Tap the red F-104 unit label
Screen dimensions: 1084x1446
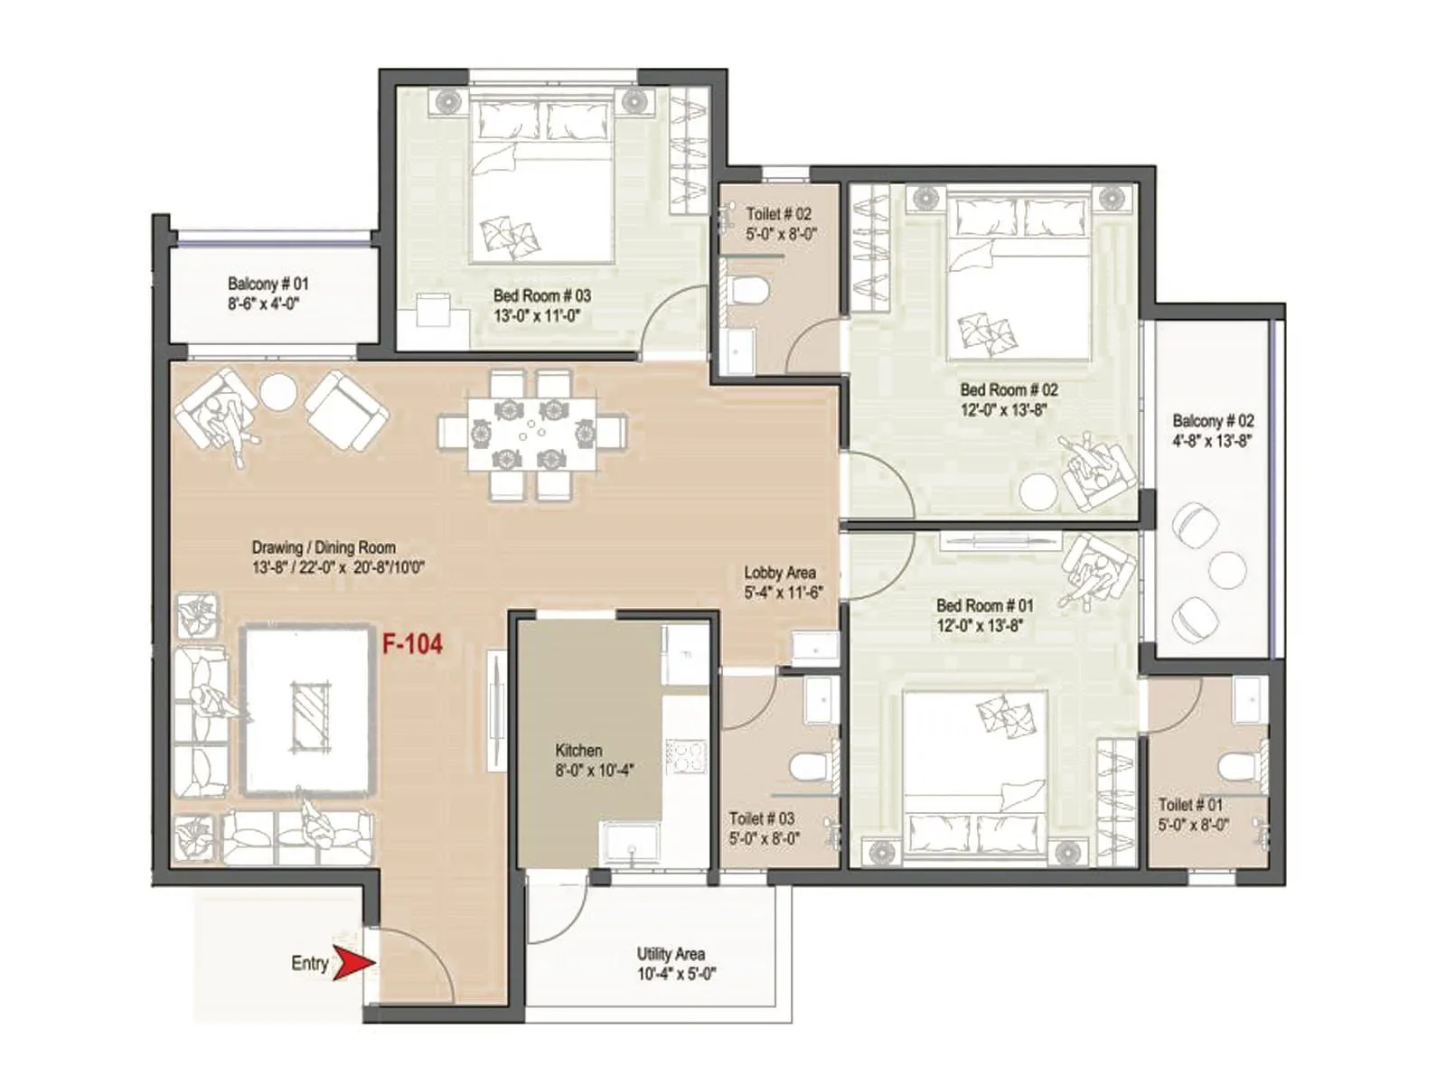412,644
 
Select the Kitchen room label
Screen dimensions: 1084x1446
578,751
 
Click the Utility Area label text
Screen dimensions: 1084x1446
671,954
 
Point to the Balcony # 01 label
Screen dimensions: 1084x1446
268,284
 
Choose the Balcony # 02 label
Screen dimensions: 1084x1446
1213,421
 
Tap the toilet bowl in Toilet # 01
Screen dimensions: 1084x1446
1235,768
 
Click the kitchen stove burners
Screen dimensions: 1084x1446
686,756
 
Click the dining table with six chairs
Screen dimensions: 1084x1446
532,433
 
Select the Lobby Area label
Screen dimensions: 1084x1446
780,573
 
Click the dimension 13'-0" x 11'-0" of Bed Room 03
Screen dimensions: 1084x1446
536,316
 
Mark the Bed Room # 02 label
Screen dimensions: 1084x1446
1009,390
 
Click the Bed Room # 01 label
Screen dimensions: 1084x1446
984,605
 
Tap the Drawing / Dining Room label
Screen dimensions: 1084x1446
324,547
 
